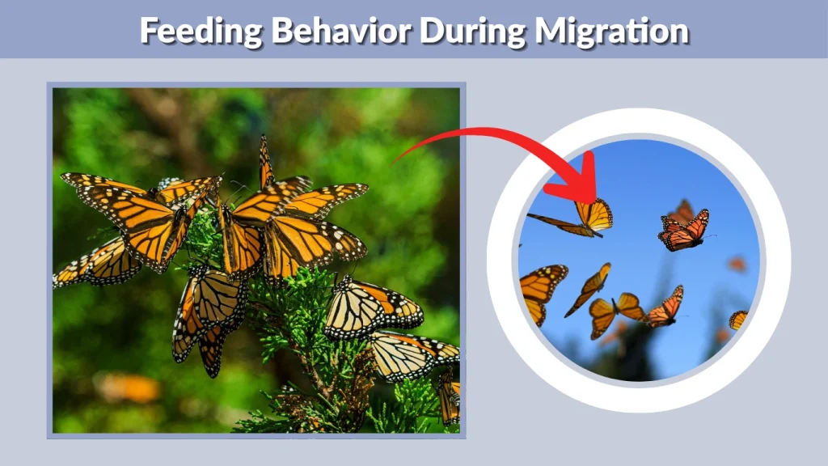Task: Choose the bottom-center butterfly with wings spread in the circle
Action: [614, 312]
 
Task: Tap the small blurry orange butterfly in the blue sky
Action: [736, 264]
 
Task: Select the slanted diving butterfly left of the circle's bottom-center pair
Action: [589, 288]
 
